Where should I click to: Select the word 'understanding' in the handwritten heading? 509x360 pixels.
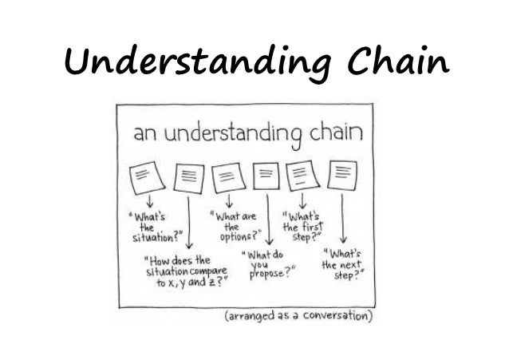223,135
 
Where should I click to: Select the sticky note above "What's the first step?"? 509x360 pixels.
305,176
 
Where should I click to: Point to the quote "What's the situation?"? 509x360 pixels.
152,226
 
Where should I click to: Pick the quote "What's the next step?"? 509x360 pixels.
345,263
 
